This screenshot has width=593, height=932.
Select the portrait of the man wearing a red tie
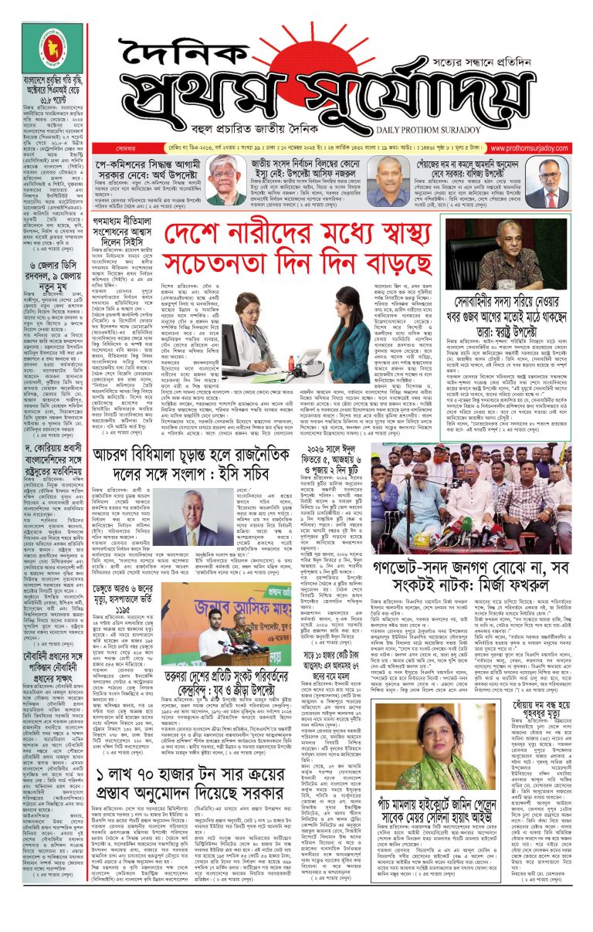point(550,185)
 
